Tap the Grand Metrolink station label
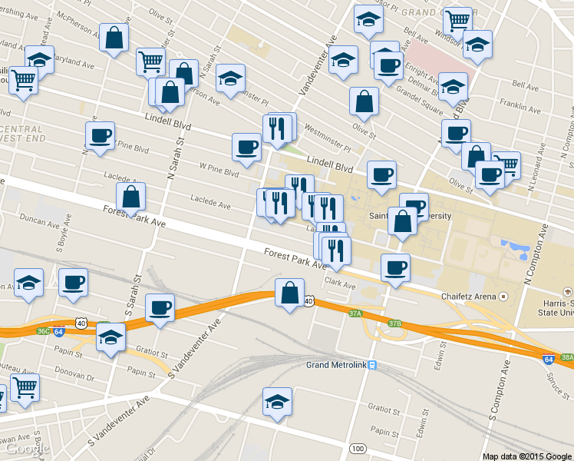tap(336, 364)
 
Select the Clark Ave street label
tap(340, 284)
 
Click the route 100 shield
tap(357, 448)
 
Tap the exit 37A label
tap(355, 313)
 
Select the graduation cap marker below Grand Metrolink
tap(277, 401)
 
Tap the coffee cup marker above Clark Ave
tap(395, 267)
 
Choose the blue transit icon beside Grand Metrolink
tap(372, 364)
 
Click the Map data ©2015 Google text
tap(527, 456)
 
